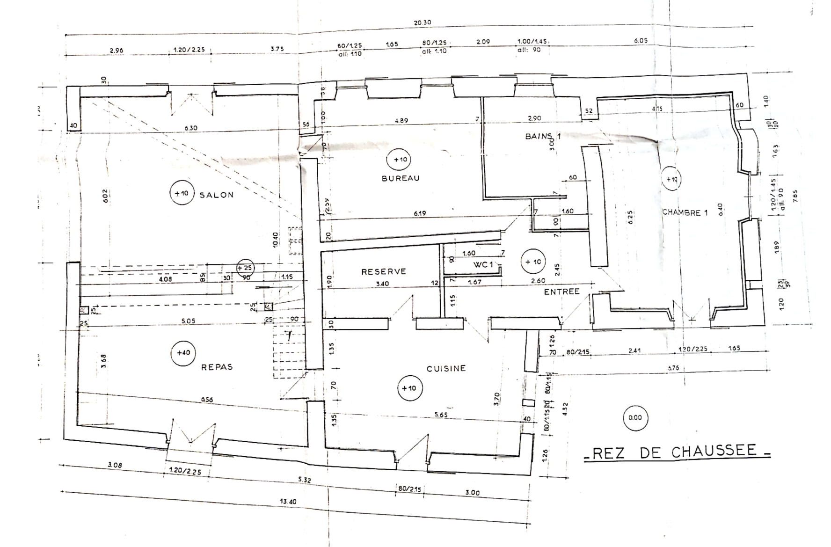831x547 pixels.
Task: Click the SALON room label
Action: point(217,195)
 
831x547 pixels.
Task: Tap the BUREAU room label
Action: point(401,178)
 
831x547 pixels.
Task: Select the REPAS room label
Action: point(217,367)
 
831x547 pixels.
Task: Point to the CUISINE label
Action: point(446,369)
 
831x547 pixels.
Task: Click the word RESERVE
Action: point(384,271)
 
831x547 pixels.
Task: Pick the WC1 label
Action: point(483,265)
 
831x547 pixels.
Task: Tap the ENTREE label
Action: point(561,292)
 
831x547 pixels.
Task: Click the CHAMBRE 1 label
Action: point(685,212)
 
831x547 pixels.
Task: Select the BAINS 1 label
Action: point(543,136)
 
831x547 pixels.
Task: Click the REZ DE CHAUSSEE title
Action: point(678,452)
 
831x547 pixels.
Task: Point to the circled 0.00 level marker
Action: point(635,417)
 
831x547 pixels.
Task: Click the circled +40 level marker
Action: point(183,353)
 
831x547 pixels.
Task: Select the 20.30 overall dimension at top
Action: point(422,22)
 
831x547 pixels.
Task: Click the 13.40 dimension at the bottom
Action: point(288,501)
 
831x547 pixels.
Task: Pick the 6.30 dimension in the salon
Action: point(191,128)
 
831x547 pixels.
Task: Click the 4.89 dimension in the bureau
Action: point(401,120)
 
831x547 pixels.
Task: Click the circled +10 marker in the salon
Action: point(182,193)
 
